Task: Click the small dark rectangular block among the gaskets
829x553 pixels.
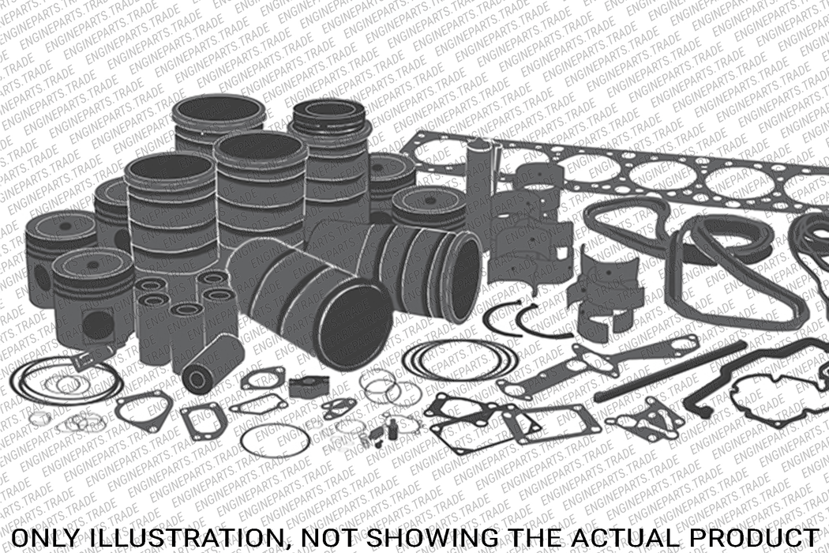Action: [303, 386]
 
